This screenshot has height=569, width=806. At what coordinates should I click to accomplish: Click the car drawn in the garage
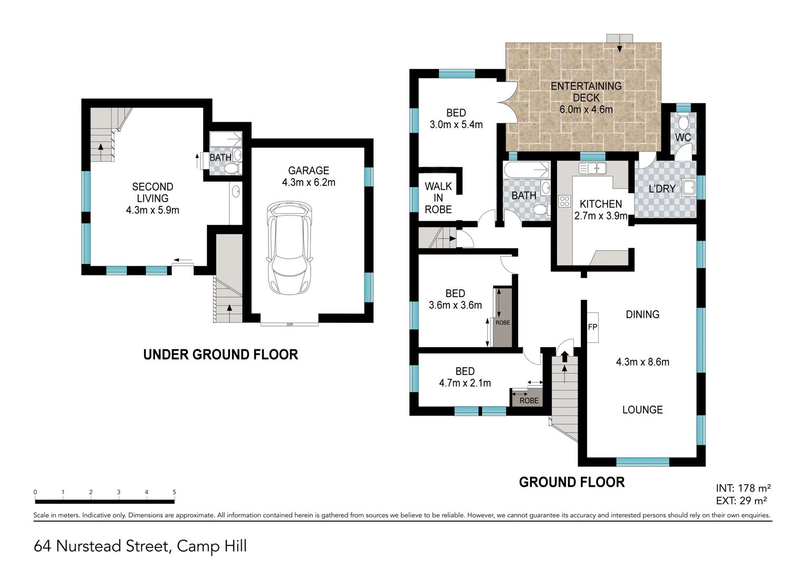(x=289, y=249)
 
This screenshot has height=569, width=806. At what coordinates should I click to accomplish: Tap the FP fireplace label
(x=592, y=327)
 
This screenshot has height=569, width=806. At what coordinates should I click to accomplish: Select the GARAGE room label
(x=309, y=171)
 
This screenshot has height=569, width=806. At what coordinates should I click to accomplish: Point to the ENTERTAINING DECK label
(x=586, y=92)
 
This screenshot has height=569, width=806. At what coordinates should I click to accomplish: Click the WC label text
(x=683, y=138)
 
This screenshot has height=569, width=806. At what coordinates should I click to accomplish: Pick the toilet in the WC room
(x=683, y=122)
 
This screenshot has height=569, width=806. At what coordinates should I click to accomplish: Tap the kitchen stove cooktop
(x=564, y=201)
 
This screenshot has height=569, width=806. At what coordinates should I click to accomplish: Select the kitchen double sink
(x=592, y=169)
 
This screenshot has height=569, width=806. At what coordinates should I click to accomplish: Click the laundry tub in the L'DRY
(x=688, y=187)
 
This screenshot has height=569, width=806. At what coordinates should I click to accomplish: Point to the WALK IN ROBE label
(x=438, y=198)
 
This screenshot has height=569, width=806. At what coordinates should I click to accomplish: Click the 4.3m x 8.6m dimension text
(x=642, y=362)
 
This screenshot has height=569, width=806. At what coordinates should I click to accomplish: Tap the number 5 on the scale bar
(x=174, y=492)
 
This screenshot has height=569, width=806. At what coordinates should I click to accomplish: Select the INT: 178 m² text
(x=743, y=488)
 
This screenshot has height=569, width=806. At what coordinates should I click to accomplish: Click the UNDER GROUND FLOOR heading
(x=220, y=355)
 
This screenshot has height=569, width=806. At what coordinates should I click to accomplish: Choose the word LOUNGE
(x=642, y=410)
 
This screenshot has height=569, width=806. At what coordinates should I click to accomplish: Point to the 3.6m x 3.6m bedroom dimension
(x=455, y=305)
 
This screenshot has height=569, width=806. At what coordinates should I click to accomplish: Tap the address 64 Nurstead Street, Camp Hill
(x=140, y=546)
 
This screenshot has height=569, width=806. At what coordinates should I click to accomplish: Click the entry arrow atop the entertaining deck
(x=619, y=47)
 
